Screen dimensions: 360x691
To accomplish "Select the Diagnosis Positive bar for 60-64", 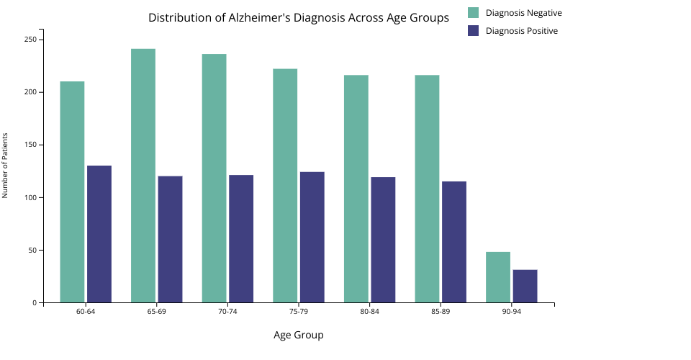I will [99, 234].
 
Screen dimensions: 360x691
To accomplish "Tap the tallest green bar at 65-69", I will [143, 176].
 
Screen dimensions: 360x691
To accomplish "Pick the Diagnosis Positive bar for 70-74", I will [241, 238].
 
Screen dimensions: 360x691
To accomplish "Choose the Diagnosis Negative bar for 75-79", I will [285, 186].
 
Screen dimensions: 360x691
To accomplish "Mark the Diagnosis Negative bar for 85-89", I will [427, 189].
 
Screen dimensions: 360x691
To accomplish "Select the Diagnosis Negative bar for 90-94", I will [498, 277].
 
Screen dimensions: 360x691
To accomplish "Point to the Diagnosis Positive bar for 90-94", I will [525, 286].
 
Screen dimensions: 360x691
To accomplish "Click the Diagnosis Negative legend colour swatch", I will [473, 13].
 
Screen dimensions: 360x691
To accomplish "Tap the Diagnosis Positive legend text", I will [521, 31].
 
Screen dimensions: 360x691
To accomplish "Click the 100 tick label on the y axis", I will [31, 198].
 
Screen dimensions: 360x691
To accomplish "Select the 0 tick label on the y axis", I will [34, 303].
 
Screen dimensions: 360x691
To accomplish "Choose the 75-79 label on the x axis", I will [299, 312].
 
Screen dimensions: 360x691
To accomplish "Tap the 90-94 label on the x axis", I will [512, 312].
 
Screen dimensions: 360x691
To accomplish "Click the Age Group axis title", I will [298, 335].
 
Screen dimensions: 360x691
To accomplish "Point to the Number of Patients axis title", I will [5, 165].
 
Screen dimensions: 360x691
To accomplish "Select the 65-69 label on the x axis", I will [156, 312].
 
